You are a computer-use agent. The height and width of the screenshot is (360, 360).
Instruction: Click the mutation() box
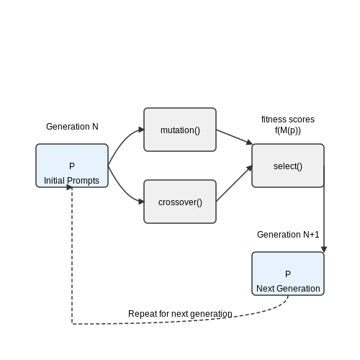pos(180,130)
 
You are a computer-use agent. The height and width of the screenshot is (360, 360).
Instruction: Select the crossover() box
pos(180,202)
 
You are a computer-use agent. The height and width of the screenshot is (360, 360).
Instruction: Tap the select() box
pos(288,166)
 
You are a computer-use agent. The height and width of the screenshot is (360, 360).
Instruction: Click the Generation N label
pos(72,127)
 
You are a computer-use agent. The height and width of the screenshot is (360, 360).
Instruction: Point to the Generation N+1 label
pos(288,235)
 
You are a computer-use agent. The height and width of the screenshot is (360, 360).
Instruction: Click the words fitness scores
pos(288,120)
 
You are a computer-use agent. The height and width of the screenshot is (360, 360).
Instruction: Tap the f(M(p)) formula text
pos(288,130)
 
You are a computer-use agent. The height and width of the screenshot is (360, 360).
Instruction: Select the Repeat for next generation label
pos(180,314)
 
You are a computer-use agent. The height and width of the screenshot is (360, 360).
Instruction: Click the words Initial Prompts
pos(71,181)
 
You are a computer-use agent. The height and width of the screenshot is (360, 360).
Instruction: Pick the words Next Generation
pos(288,289)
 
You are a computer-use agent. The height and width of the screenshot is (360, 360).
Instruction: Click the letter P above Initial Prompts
pos(72,166)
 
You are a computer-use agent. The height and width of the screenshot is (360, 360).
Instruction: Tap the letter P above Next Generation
pos(288,274)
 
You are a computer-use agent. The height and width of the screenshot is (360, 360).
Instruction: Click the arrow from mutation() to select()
pos(234,137)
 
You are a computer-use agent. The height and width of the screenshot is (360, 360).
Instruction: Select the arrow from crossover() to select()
pos(234,184)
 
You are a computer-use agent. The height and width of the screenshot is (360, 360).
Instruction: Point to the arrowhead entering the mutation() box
pos(141,130)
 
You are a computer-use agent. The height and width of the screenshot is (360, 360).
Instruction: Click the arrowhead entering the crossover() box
pos(141,202)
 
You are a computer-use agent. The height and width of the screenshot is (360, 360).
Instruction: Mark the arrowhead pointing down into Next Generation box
pos(324,249)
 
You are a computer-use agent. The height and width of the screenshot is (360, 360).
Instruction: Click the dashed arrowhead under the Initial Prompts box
pos(69,187)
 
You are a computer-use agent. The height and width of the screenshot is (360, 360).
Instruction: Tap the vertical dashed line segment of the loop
pos(72,256)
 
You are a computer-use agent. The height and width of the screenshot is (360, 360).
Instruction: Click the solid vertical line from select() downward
pos(324,206)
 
